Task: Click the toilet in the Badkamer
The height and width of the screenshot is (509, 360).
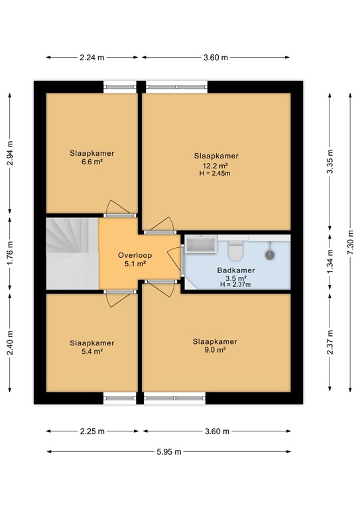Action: click(235, 251)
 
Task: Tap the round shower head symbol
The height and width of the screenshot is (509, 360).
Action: click(270, 254)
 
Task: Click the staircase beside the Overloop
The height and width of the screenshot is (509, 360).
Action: click(72, 254)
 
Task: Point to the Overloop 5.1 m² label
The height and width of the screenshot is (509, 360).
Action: click(135, 259)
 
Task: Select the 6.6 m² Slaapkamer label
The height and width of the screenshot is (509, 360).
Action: click(92, 157)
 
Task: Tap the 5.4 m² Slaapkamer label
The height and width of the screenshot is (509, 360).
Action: click(92, 347)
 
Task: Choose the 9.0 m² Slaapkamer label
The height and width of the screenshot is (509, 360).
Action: click(215, 345)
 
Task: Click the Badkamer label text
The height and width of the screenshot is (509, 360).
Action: click(236, 270)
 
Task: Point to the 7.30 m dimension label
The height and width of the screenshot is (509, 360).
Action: click(350, 243)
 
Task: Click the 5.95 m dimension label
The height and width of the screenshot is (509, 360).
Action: click(169, 451)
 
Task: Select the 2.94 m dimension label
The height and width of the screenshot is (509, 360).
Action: click(10, 153)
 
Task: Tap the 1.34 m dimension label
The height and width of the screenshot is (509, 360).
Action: click(330, 262)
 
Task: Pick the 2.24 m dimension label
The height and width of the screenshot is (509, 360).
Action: click(92, 58)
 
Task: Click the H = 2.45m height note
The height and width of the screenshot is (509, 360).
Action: click(215, 174)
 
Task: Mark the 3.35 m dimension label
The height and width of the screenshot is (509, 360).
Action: click(330, 161)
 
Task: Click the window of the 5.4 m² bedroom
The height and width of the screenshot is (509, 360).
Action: click(120, 398)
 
